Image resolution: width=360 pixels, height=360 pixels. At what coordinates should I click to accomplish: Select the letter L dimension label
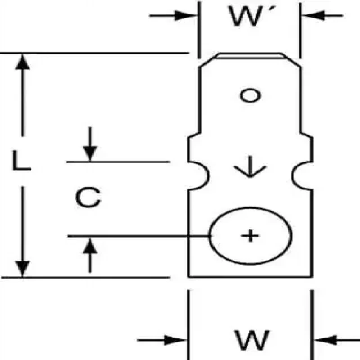click(x=21, y=161)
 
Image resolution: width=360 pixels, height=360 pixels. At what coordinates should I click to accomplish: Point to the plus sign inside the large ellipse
click(x=250, y=235)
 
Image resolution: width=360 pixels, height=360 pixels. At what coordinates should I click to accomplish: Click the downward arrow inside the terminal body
click(x=250, y=169)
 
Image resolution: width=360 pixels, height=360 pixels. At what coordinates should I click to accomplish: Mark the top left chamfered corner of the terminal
click(x=208, y=59)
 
